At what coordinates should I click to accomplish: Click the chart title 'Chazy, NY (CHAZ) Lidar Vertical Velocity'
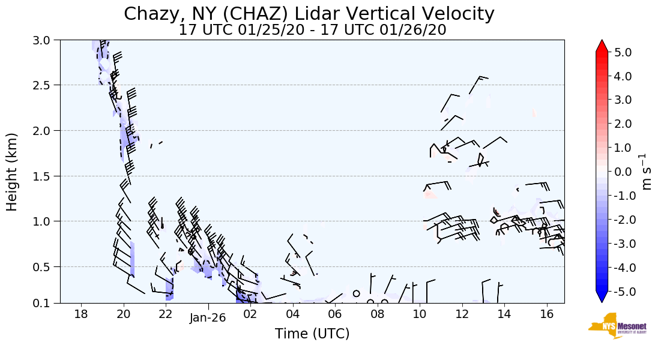309,14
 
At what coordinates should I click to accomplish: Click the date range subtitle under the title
312,30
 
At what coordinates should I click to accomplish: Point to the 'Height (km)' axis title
12,172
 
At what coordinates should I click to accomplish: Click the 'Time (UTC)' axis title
312,334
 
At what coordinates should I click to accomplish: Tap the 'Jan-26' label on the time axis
208,317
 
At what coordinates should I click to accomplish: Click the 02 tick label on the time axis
250,314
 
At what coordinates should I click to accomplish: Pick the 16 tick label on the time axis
546,314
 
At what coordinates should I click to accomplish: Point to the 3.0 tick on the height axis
46,40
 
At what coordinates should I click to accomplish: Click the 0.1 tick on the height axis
46,303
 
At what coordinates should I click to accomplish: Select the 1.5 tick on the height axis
46,176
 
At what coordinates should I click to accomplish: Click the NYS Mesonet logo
613,326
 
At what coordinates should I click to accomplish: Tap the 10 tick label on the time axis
420,314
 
